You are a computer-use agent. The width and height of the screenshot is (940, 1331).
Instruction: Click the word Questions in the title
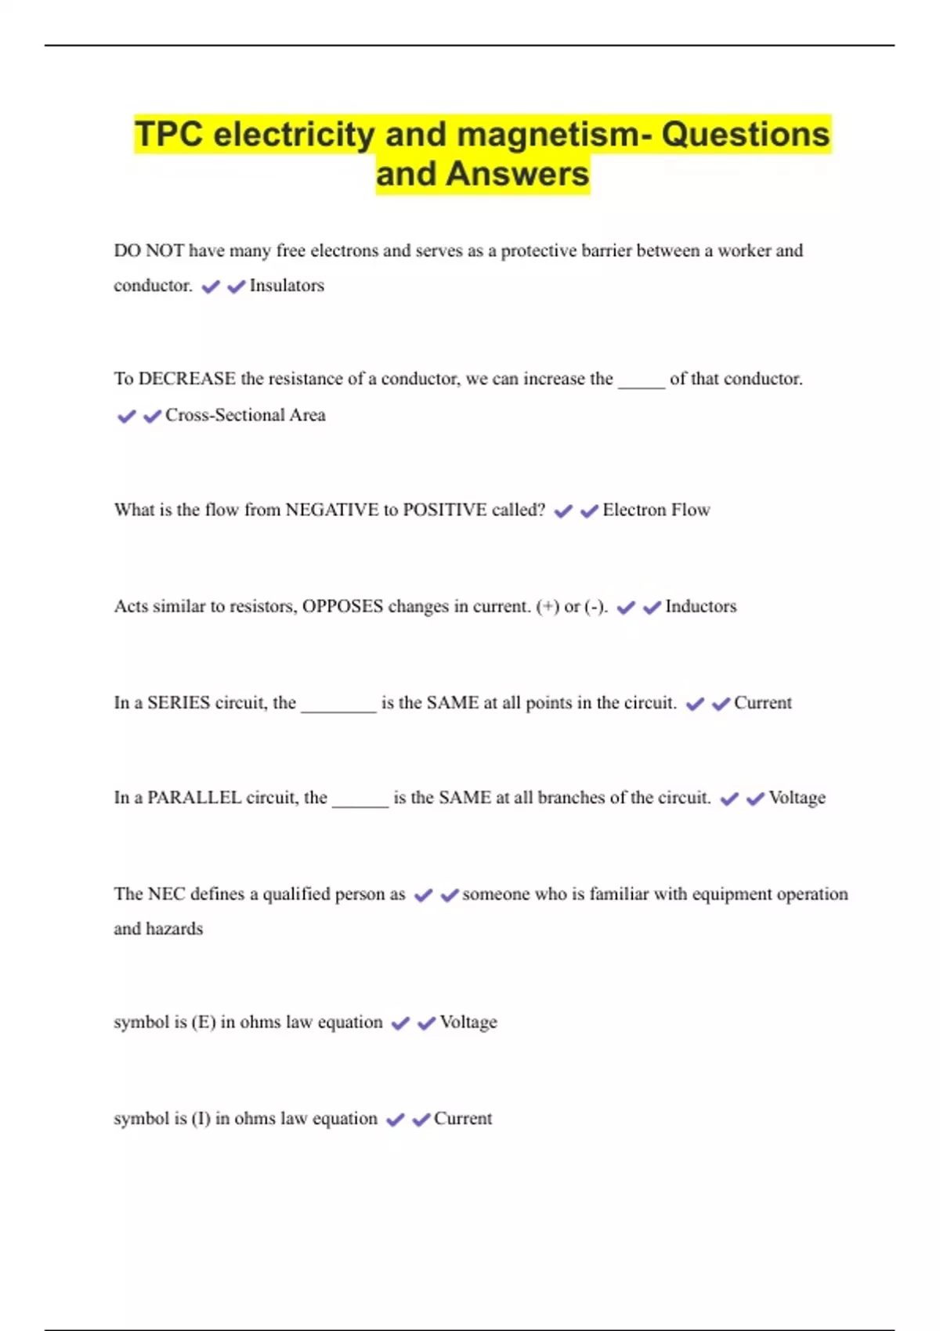pyautogui.click(x=745, y=134)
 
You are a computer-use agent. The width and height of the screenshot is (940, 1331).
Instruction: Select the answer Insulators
pyautogui.click(x=287, y=286)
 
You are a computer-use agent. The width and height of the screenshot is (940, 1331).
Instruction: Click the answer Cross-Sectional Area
pyautogui.click(x=245, y=415)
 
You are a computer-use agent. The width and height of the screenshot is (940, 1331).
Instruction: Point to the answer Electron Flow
pyautogui.click(x=656, y=510)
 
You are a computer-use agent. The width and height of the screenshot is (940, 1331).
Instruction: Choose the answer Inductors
pyautogui.click(x=700, y=607)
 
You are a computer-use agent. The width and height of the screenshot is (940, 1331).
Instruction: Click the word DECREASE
pyautogui.click(x=186, y=379)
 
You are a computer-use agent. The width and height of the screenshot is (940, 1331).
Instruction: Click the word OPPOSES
pyautogui.click(x=342, y=607)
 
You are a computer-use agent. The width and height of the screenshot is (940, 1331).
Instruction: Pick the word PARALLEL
pyautogui.click(x=194, y=798)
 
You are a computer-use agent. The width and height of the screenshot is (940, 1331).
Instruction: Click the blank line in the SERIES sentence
pyautogui.click(x=338, y=708)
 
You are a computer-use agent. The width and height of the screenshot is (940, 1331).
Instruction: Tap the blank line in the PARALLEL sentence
pyautogui.click(x=360, y=803)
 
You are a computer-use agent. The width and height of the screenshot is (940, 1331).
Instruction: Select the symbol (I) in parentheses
pyautogui.click(x=201, y=1119)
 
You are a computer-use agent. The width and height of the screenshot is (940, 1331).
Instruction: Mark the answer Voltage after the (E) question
pyautogui.click(x=468, y=1023)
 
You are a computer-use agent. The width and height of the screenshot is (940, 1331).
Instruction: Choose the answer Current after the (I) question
pyautogui.click(x=463, y=1119)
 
